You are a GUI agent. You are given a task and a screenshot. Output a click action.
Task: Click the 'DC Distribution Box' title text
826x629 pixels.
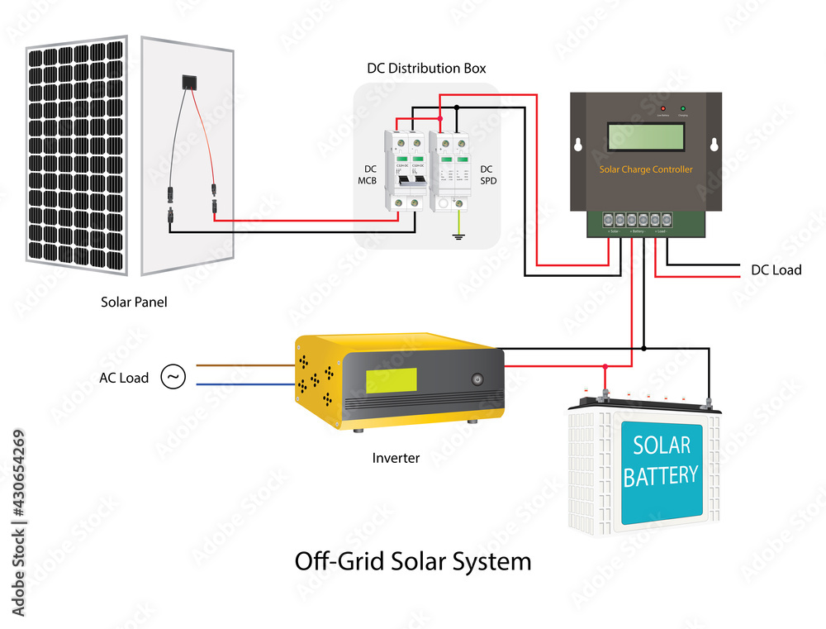click(426, 68)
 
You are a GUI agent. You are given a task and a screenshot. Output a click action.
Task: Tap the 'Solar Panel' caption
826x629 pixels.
click(134, 303)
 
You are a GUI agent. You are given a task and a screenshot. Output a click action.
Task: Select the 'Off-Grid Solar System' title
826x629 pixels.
click(413, 561)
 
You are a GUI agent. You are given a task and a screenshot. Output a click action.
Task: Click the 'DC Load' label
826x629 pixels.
click(776, 270)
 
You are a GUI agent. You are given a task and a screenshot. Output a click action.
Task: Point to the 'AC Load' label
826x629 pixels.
click(124, 378)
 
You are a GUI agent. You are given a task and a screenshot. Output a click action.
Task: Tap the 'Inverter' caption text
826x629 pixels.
click(396, 458)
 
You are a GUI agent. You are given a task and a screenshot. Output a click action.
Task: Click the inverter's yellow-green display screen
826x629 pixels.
click(392, 380)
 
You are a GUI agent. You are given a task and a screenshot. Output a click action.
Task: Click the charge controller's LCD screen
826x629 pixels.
click(646, 136)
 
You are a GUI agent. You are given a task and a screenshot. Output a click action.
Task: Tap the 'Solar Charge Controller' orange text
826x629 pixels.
click(646, 169)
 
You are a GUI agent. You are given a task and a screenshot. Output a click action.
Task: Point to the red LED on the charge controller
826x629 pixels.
click(662, 109)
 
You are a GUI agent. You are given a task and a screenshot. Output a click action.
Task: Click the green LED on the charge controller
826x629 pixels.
click(683, 109)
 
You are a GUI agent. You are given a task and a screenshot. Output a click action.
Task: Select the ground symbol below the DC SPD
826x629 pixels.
click(456, 236)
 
